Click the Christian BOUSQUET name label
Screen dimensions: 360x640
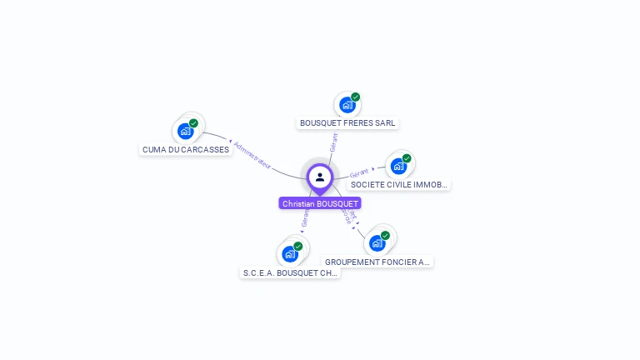(x=320, y=203)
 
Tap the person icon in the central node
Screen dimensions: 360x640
(x=320, y=177)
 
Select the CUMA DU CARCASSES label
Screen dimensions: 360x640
(x=185, y=150)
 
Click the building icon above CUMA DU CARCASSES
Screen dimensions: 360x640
(x=185, y=131)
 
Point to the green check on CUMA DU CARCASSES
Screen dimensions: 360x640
(x=193, y=123)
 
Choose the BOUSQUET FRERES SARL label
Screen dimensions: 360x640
(x=347, y=123)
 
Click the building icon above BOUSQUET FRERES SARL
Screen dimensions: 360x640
(x=347, y=105)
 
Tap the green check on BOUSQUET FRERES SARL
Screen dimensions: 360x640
(x=355, y=97)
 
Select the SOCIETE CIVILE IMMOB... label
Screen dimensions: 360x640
(x=399, y=184)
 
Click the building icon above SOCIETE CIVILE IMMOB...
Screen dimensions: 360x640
(x=397, y=166)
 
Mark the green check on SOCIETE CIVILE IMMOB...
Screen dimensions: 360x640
(x=407, y=158)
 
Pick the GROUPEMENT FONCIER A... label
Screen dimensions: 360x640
(x=377, y=262)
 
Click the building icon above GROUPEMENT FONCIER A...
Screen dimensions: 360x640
(x=377, y=243)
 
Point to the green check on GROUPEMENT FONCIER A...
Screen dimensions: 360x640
(x=385, y=236)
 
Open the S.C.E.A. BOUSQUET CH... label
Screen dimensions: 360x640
(x=290, y=272)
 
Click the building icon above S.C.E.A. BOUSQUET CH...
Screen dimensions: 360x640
(x=289, y=253)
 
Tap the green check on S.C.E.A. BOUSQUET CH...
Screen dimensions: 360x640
(x=297, y=247)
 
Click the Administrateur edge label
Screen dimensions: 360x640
(x=252, y=156)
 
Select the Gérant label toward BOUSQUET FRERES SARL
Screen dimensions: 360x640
(x=333, y=142)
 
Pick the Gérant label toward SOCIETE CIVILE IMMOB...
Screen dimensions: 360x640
(x=359, y=172)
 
